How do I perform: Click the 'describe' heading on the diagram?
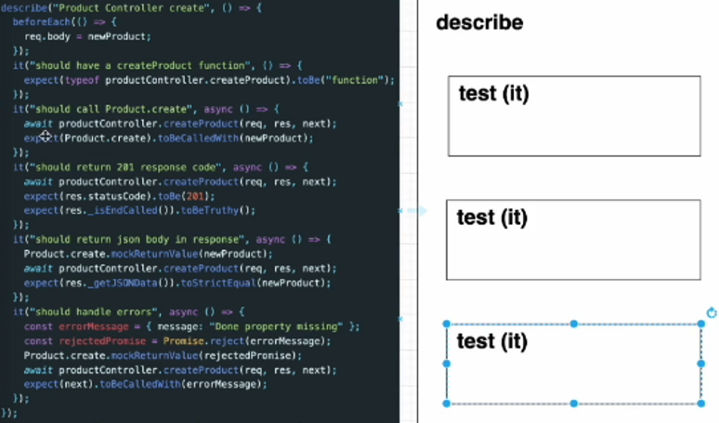[479, 22]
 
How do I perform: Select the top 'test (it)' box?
[573, 116]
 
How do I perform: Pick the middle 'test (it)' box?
[573, 240]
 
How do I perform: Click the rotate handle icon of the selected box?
[712, 312]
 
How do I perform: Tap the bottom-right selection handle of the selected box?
[700, 403]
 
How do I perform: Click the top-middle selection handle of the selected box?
[574, 324]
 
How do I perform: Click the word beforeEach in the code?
[41, 21]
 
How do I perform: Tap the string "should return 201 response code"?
[122, 166]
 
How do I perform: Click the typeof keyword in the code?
[81, 80]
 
